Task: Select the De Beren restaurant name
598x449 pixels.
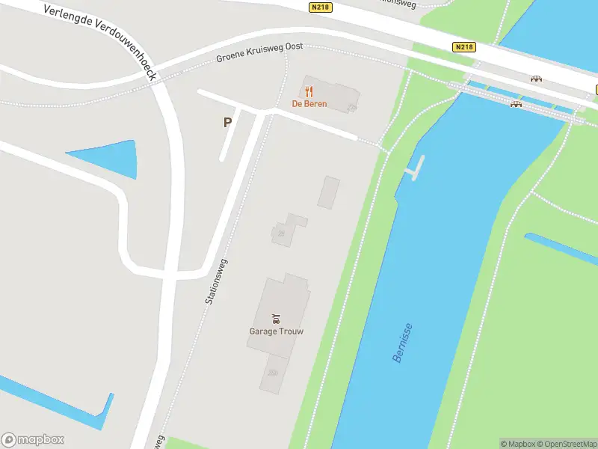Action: coord(309,104)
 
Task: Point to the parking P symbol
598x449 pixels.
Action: coord(227,122)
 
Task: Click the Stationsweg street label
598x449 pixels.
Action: coord(216,281)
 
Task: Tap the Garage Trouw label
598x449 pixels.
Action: coord(276,331)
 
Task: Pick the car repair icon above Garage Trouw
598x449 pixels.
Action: coord(276,318)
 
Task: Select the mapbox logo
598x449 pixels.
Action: coord(33,440)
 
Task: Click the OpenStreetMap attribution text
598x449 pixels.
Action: coord(566,444)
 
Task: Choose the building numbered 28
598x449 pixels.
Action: coord(282,233)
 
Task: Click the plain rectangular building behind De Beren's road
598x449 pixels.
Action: coord(328,192)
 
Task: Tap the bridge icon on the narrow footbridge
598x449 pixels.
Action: coord(515,104)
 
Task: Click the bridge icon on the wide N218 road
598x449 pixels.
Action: coord(536,79)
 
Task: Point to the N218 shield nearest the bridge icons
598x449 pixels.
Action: coord(463,46)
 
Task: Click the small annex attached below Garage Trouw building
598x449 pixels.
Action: coord(273,373)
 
